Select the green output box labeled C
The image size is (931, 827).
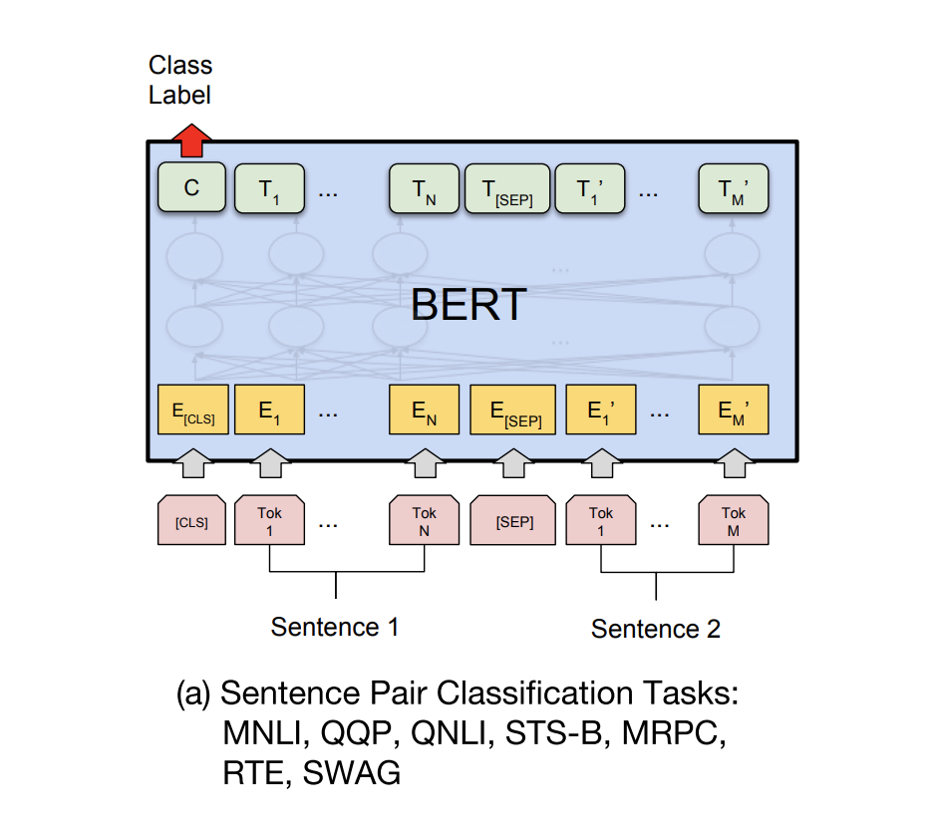tap(191, 189)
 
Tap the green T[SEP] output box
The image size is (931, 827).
tap(506, 189)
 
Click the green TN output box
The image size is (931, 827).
tap(424, 189)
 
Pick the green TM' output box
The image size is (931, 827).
tap(734, 189)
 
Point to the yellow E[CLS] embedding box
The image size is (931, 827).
tap(193, 410)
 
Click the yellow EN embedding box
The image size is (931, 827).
tap(424, 410)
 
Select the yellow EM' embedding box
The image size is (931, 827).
tap(734, 410)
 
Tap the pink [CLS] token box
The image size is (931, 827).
tap(191, 521)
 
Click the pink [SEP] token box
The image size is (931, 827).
tap(513, 521)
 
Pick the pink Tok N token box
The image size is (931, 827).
tap(424, 521)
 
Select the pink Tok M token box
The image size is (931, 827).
tap(734, 521)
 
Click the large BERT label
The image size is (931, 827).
tap(467, 305)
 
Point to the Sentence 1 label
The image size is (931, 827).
tap(335, 627)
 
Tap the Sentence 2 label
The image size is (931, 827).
tap(655, 629)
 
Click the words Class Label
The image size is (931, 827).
tap(180, 81)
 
